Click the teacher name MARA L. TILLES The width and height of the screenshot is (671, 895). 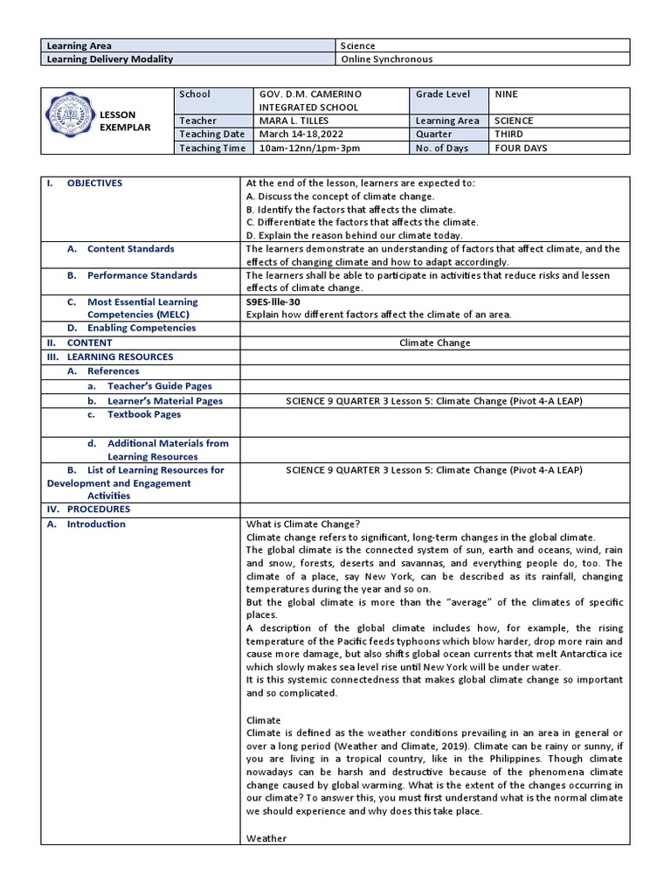pyautogui.click(x=294, y=121)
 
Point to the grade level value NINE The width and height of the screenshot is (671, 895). pyautogui.click(x=507, y=94)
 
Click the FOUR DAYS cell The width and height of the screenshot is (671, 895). pyautogui.click(x=521, y=148)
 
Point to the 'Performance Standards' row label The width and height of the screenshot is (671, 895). pyautogui.click(x=142, y=275)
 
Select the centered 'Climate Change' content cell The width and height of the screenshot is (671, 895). pyautogui.click(x=434, y=343)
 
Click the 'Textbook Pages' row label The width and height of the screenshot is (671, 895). pyautogui.click(x=143, y=414)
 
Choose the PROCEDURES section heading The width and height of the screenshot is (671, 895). pyautogui.click(x=98, y=509)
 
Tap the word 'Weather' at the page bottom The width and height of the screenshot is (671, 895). pyautogui.click(x=266, y=838)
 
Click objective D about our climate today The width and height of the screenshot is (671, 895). pyautogui.click(x=355, y=235)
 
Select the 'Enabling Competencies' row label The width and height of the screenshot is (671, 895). pyautogui.click(x=141, y=328)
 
